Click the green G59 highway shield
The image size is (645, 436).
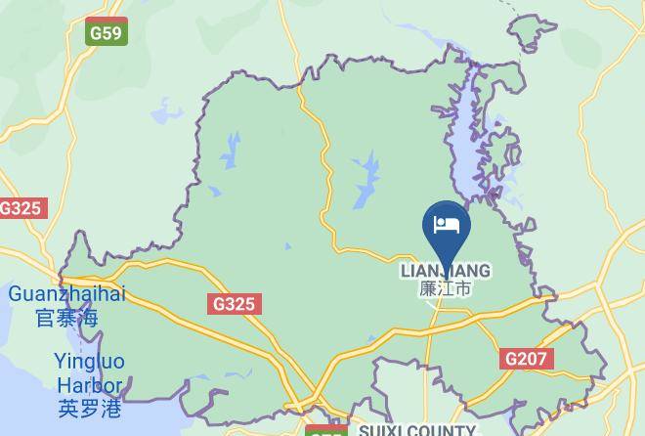click(x=106, y=32)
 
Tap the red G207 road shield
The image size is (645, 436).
click(x=525, y=359)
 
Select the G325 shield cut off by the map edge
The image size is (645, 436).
click(x=20, y=208)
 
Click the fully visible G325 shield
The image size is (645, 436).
click(x=235, y=304)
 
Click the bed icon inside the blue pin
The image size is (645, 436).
click(x=447, y=225)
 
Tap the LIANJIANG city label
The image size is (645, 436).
click(x=446, y=270)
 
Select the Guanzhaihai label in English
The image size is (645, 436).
click(x=67, y=294)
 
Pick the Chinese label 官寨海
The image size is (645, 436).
click(x=66, y=317)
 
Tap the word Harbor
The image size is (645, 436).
click(x=89, y=385)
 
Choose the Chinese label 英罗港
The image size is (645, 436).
click(x=89, y=409)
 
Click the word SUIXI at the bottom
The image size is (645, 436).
click(x=383, y=430)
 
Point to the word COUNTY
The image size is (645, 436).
click(x=442, y=430)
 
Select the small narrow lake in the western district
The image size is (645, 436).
click(x=232, y=152)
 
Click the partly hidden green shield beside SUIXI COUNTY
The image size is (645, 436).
click(x=326, y=430)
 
